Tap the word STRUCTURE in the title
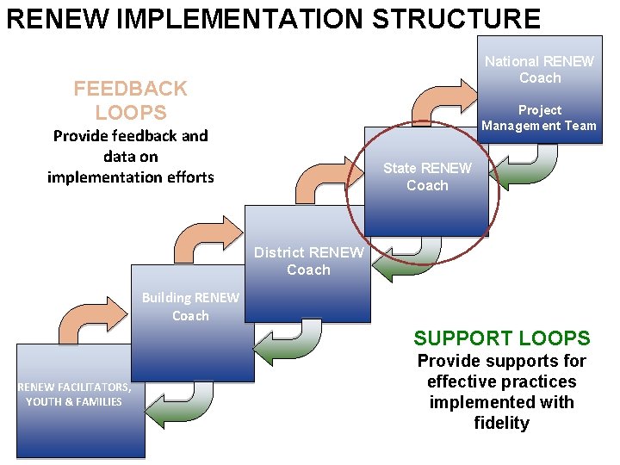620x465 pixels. tap(456, 18)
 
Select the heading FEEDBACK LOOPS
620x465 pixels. tap(130, 100)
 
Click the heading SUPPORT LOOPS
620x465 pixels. tap(501, 338)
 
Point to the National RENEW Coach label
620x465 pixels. tap(539, 70)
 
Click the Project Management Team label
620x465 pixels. tap(539, 118)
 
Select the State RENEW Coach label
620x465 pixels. tap(427, 177)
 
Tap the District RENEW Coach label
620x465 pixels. tap(308, 261)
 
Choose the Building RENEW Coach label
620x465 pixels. tap(190, 307)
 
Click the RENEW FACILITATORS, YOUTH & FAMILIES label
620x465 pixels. tap(74, 394)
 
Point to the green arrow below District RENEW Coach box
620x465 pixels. tap(409, 259)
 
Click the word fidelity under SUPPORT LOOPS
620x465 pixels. tap(501, 423)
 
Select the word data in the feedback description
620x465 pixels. tap(119, 156)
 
